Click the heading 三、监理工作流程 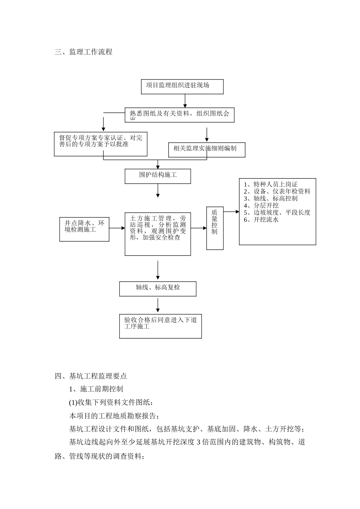[x=83, y=52]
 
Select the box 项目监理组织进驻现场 [x=182, y=86]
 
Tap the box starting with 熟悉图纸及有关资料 [x=180, y=115]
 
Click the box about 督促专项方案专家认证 [x=100, y=144]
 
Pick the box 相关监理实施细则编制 [x=207, y=150]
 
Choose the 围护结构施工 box [x=158, y=176]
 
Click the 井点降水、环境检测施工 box [x=84, y=229]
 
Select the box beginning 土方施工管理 [x=158, y=234]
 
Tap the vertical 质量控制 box [x=215, y=228]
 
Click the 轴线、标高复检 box [x=158, y=289]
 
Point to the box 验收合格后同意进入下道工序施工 [x=160, y=326]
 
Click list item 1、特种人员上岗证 [x=271, y=184]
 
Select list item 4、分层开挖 [x=261, y=205]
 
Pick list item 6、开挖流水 [x=261, y=219]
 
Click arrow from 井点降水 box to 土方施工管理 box [x=117, y=228]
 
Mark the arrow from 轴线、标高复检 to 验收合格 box [x=158, y=305]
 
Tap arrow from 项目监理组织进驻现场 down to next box [x=185, y=101]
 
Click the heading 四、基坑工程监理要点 [x=91, y=376]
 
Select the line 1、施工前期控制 [x=96, y=389]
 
